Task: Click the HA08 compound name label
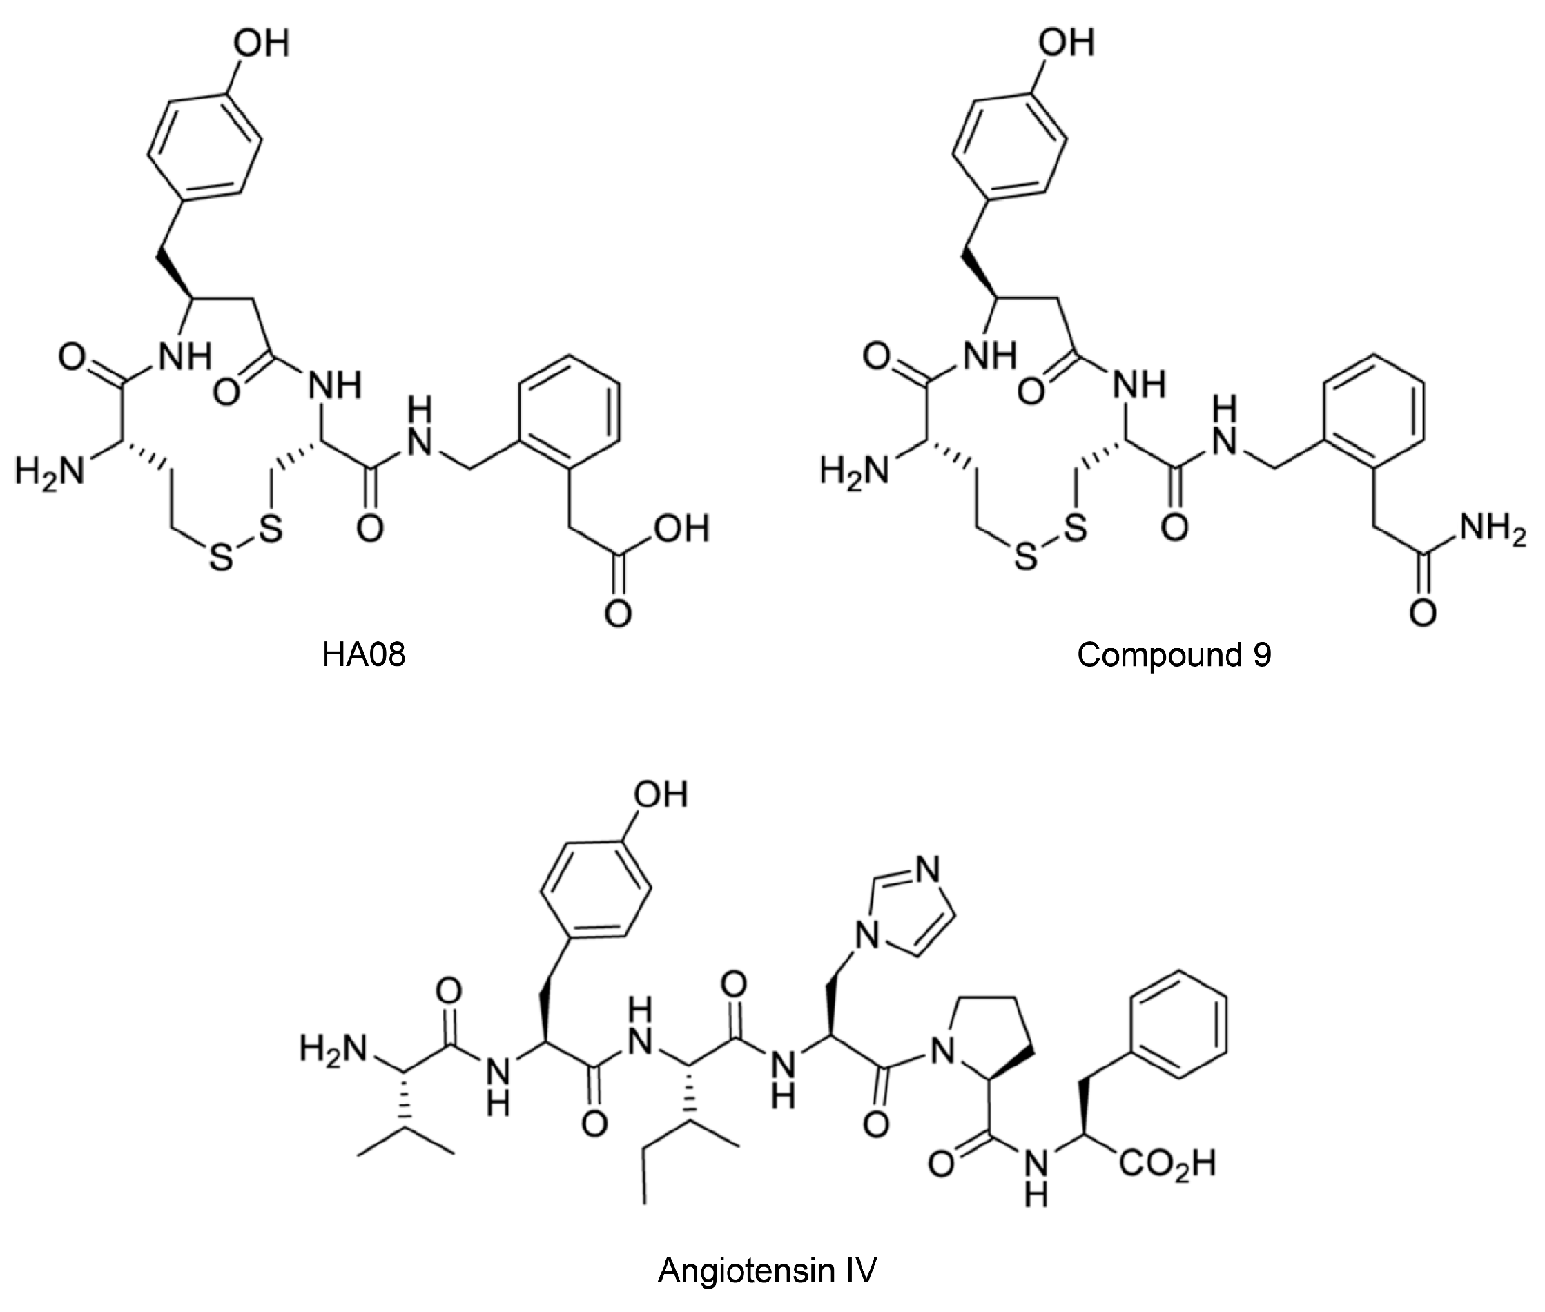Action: pos(364,654)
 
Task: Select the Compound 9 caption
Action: pos(1174,654)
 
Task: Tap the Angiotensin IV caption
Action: pos(767,1271)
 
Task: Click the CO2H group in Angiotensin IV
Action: pos(1167,1163)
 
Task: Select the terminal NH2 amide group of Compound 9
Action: pos(1491,529)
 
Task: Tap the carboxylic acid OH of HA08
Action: pos(681,529)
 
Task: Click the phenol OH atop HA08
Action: pos(260,43)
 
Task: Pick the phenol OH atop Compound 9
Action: pos(1066,43)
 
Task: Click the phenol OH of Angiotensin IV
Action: pos(660,794)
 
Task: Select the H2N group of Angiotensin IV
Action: pos(333,1049)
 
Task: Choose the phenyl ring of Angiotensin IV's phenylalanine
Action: pos(1178,1024)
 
